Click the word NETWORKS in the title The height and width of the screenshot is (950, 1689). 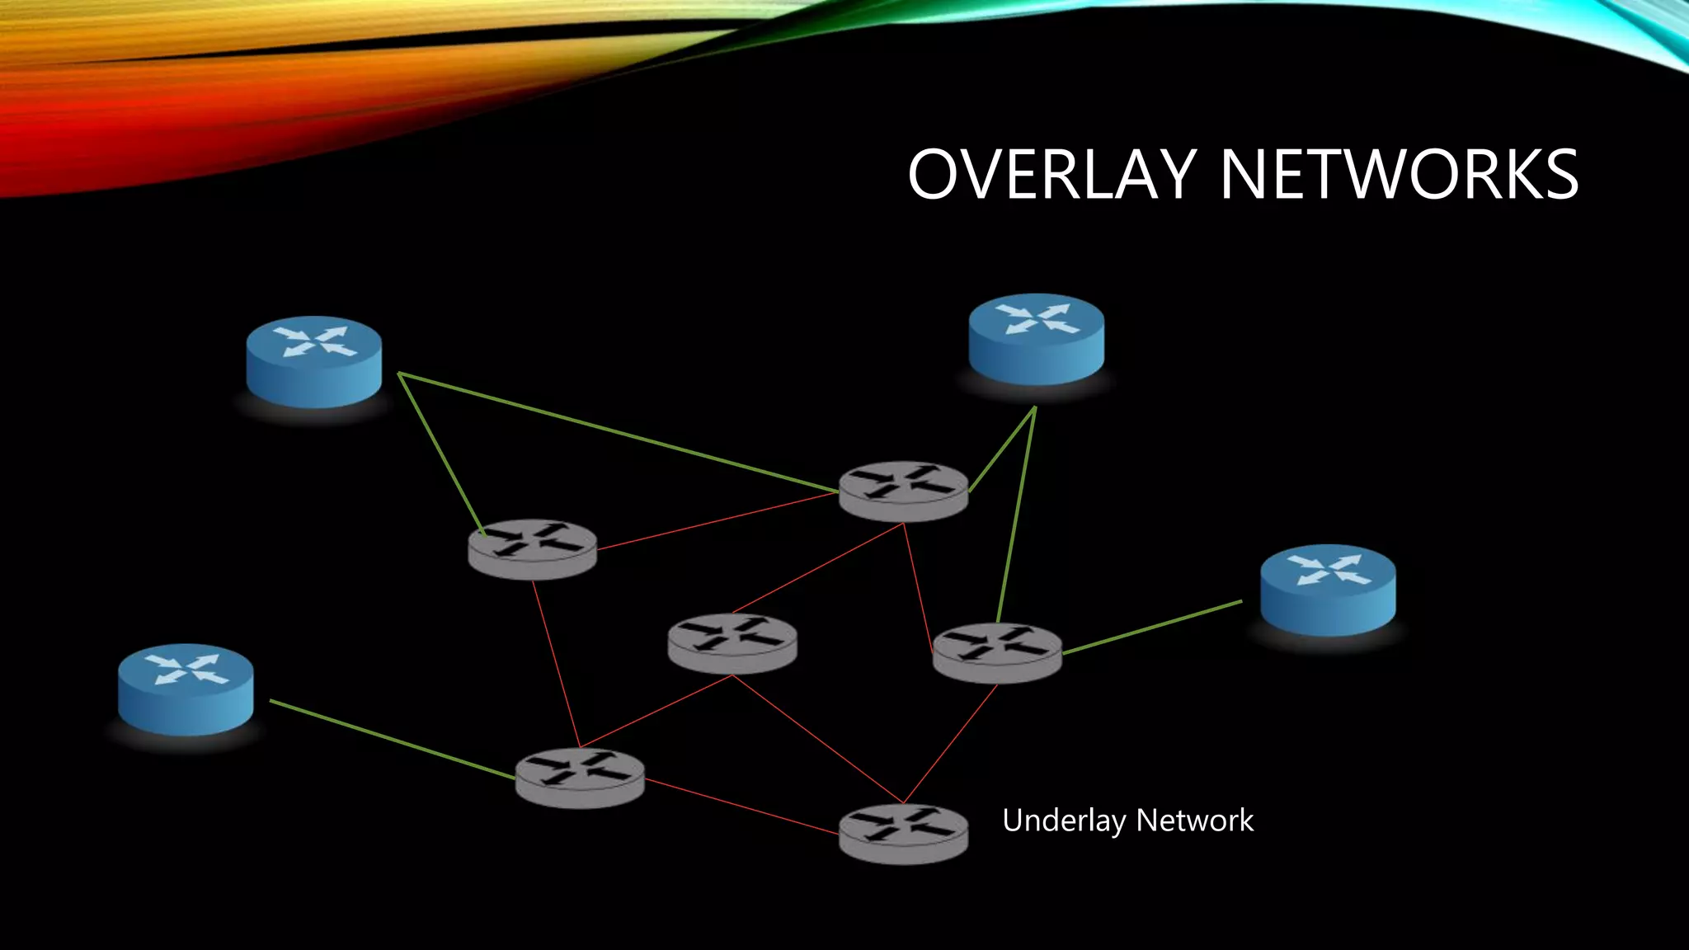coord(1399,174)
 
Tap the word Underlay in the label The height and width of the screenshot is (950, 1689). coord(1064,821)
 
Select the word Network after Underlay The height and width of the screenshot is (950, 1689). coord(1195,821)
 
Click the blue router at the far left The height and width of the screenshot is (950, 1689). coord(186,689)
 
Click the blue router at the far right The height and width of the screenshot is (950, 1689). coord(1328,590)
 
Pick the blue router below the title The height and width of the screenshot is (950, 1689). coord(1036,339)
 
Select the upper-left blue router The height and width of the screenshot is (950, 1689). coord(313,361)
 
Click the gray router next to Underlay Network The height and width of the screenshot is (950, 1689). coord(903,834)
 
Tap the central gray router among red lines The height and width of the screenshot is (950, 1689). coord(732,643)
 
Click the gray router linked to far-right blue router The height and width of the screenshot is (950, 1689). coord(997,652)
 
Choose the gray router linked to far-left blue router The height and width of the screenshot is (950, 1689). coord(580,778)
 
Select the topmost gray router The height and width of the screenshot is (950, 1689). coord(903,491)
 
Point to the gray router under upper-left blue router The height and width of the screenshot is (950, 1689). coord(532,548)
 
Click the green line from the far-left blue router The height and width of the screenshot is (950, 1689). coord(392,739)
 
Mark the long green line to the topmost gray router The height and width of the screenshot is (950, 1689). coord(619,434)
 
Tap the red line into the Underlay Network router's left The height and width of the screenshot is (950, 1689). coord(742,807)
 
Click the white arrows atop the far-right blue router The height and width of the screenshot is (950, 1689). coord(1329,570)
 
